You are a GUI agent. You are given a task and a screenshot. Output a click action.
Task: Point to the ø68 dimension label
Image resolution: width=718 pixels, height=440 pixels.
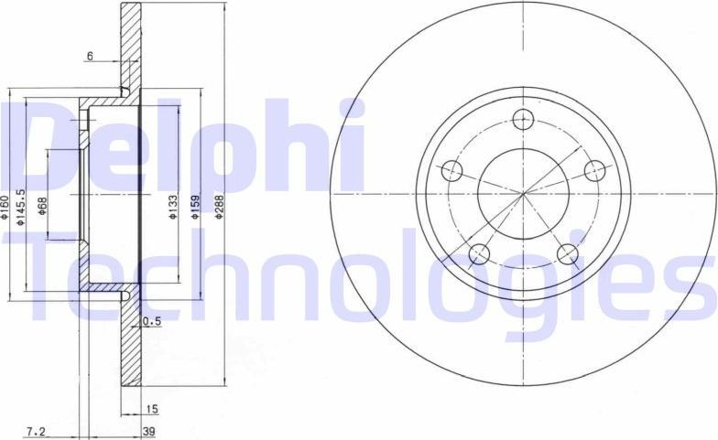42,209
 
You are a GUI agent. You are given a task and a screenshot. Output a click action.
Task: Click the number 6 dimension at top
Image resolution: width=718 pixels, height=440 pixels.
90,57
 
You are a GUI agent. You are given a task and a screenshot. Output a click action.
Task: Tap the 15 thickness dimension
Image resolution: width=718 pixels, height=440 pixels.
152,409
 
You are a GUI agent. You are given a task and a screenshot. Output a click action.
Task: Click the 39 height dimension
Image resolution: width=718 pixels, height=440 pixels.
147,430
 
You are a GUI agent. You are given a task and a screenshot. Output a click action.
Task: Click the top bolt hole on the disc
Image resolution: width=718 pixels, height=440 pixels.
523,118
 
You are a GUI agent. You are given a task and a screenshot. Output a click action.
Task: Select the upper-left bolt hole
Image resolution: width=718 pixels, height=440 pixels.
451,170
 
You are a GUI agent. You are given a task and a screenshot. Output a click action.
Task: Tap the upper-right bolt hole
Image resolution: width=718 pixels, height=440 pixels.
594,170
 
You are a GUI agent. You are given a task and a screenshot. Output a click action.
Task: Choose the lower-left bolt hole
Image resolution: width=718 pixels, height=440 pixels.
479,253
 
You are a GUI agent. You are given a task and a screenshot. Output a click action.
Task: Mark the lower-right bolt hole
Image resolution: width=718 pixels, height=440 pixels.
567,253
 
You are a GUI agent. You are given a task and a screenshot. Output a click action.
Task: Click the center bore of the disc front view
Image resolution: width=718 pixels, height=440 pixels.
523,193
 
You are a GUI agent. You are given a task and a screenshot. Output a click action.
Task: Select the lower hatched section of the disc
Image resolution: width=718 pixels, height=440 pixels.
131,348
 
